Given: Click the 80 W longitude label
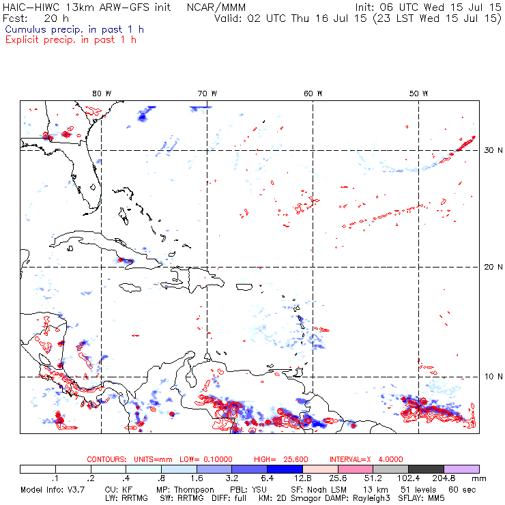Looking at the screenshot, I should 102,93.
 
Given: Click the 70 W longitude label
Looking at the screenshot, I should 207,93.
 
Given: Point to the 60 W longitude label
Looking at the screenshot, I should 313,93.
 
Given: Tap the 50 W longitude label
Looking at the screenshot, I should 419,93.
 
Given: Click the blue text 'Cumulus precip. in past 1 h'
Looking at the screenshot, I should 74,29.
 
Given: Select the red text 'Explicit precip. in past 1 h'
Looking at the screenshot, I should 71,40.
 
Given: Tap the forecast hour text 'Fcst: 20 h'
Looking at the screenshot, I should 31,18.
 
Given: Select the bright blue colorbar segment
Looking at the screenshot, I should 285,469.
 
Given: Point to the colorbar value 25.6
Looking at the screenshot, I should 336,480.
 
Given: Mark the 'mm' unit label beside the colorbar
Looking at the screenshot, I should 486,480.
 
